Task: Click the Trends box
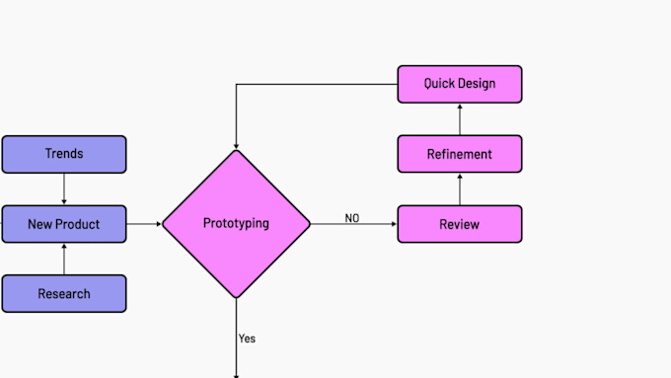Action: (64, 154)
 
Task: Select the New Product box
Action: (64, 224)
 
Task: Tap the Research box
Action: (64, 293)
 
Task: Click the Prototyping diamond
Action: (236, 223)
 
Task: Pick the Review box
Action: (459, 224)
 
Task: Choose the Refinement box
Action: (459, 154)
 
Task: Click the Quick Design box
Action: (459, 84)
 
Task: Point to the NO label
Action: (351, 218)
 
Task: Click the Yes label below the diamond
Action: (247, 339)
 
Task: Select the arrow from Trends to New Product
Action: (64, 188)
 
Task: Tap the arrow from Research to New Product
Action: (64, 260)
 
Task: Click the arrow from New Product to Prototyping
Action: (144, 224)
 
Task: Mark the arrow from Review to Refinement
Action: (459, 189)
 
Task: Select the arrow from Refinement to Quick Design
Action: (459, 119)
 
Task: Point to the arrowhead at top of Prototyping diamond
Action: (236, 145)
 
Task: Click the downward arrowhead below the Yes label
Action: (236, 374)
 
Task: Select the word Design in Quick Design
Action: (477, 84)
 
